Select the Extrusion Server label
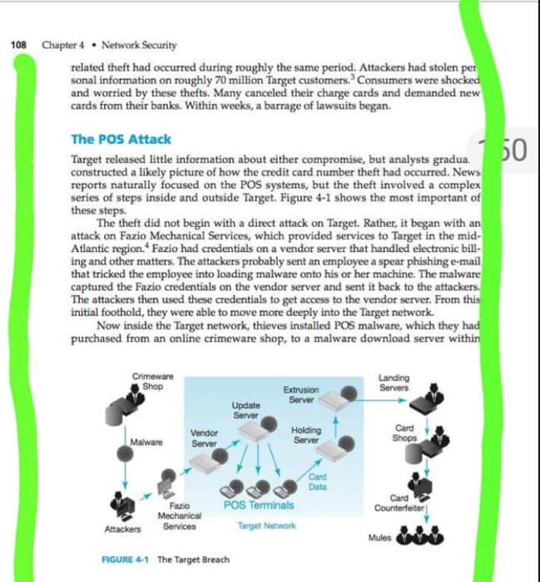coord(300,394)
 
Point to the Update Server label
coord(246,409)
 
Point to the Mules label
coord(379,537)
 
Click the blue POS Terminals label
coord(259,504)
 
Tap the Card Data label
coord(317,481)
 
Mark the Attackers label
coord(121,530)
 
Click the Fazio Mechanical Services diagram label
coord(180,515)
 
